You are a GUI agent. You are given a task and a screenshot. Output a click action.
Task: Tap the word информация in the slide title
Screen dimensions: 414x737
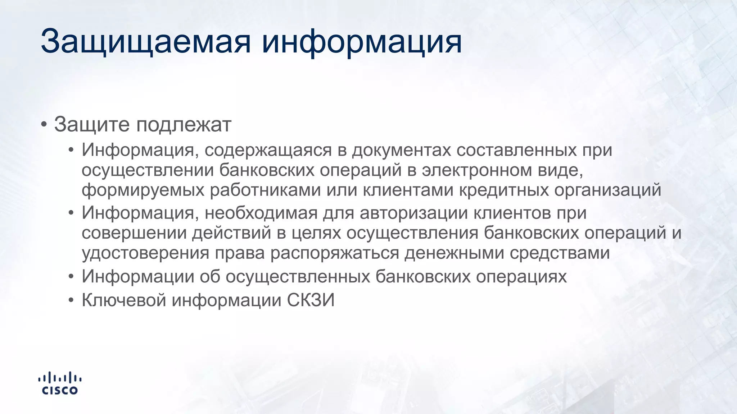pyautogui.click(x=361, y=42)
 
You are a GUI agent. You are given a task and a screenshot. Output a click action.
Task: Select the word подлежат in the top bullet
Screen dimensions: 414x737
pyautogui.click(x=184, y=125)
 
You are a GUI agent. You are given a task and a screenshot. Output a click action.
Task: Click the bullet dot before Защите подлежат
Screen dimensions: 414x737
pyautogui.click(x=44, y=125)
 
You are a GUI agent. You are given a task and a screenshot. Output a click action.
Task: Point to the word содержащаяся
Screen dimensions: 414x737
pyautogui.click(x=268, y=150)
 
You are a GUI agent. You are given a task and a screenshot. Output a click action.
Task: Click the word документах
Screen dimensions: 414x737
pyautogui.click(x=401, y=150)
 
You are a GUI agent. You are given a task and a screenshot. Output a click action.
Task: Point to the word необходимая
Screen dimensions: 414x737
pyautogui.click(x=261, y=213)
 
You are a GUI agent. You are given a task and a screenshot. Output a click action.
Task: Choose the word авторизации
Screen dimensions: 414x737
pyautogui.click(x=413, y=213)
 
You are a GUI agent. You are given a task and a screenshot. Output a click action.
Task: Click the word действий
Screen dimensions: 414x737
pyautogui.click(x=231, y=233)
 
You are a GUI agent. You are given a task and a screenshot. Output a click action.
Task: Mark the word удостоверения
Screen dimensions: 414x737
pyautogui.click(x=145, y=253)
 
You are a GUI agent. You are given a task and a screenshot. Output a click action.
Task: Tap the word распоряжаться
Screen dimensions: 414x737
pyautogui.click(x=335, y=253)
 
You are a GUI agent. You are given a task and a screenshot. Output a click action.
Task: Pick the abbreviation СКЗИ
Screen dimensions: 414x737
pyautogui.click(x=311, y=300)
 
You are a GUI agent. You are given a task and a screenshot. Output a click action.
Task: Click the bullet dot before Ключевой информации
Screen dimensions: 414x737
pyautogui.click(x=71, y=300)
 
